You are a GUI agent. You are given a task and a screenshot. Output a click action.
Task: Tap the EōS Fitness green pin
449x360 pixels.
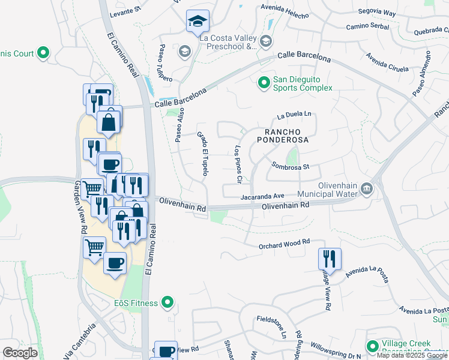click(169, 303)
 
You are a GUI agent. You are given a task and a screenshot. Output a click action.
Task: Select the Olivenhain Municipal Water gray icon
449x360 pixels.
click(367, 190)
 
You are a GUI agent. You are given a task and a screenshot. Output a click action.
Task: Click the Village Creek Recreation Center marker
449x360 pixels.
click(373, 346)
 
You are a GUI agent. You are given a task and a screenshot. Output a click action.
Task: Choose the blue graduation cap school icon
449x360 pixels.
click(197, 22)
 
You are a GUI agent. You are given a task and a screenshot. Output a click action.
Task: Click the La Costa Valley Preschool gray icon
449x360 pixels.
click(266, 41)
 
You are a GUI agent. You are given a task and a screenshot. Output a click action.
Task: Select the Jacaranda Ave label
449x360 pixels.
click(262, 196)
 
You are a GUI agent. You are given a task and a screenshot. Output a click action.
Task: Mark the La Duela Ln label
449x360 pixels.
click(295, 113)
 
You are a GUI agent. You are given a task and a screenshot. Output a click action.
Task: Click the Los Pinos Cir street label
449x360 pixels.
click(238, 164)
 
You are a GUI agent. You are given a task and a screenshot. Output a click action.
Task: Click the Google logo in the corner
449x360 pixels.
click(20, 352)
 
